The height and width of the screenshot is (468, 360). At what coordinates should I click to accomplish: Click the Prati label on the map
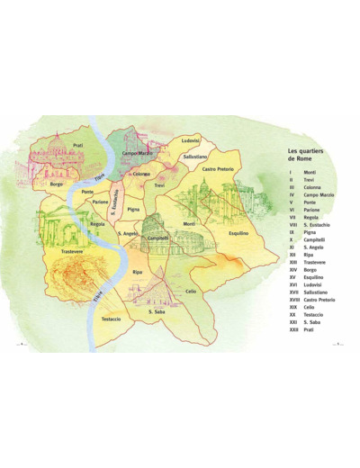(x=77, y=145)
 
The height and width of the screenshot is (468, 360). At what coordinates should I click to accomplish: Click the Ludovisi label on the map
(x=190, y=140)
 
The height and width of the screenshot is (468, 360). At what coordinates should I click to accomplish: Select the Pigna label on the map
(x=132, y=210)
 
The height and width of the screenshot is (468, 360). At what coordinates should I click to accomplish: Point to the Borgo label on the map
(x=58, y=184)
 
